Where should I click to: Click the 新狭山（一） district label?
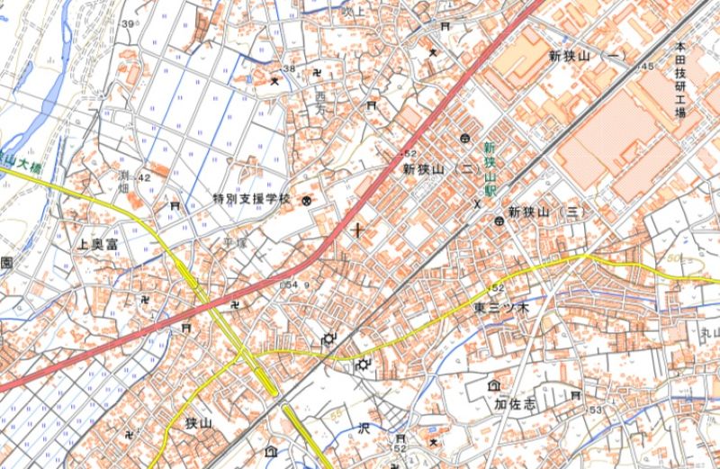coord(587,56)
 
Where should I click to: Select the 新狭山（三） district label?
coord(546,212)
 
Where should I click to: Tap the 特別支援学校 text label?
coord(253,198)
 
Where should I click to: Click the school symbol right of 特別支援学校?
coord(305,200)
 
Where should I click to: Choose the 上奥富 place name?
coord(99,244)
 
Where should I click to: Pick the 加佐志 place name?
coord(515,405)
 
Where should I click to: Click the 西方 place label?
coord(321,102)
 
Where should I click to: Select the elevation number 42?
coord(144,178)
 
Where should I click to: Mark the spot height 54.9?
coord(295,284)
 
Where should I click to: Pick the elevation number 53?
coord(595,410)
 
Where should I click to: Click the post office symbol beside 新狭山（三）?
coord(498,221)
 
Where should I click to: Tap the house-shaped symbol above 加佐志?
coord(494,385)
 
